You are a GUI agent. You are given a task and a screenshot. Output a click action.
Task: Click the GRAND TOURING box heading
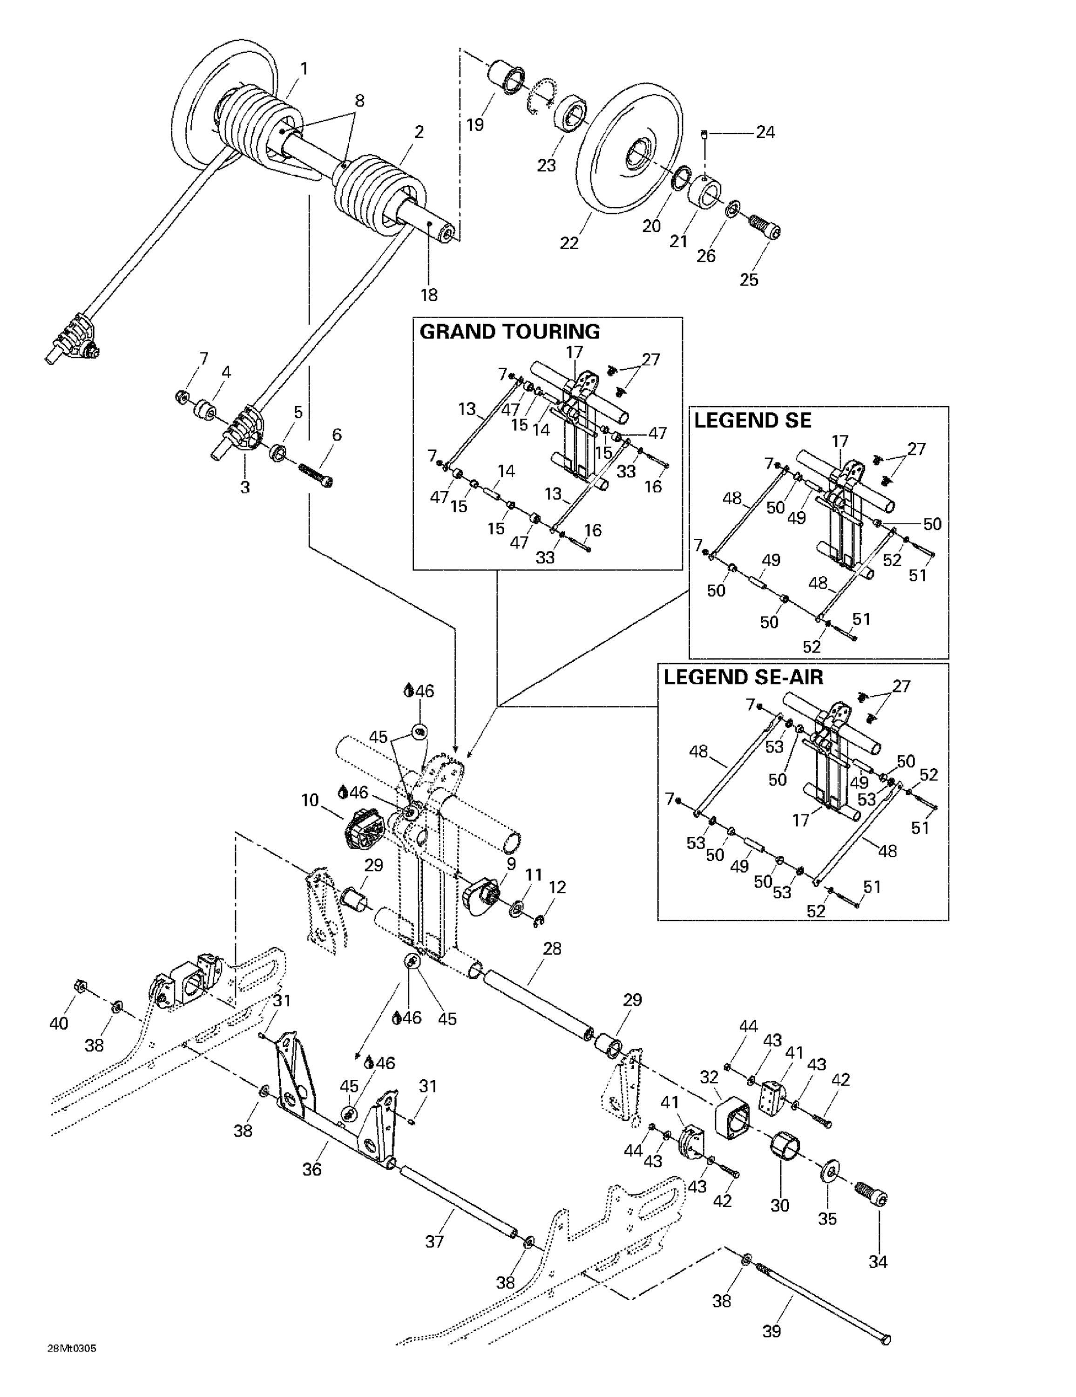(509, 332)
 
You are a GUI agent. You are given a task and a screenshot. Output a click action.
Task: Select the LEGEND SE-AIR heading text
(743, 678)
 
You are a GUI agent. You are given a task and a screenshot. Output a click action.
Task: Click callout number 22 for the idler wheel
(568, 243)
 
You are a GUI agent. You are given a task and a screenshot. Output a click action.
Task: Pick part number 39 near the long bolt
(771, 1331)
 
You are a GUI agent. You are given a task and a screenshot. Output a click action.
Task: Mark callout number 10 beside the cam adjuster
(310, 800)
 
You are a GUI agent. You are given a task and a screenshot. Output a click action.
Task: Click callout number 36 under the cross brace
(311, 1170)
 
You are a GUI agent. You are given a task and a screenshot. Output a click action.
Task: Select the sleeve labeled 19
(507, 78)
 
